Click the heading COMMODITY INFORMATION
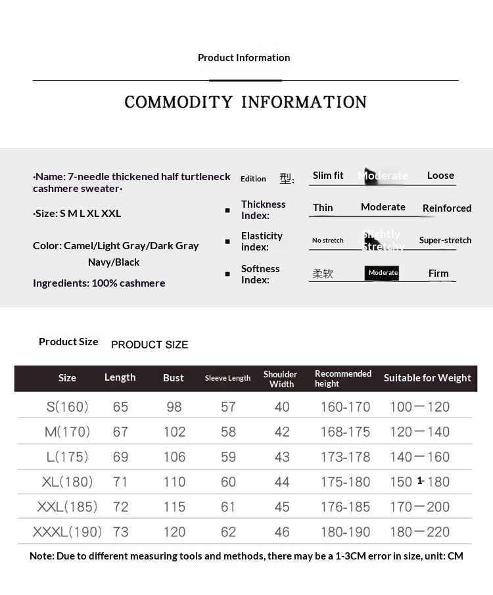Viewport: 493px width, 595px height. point(245,102)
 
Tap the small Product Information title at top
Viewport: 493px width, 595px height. point(244,58)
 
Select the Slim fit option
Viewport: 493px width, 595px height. point(328,176)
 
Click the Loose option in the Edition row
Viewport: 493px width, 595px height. point(440,176)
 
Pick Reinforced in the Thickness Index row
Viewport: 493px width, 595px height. point(447,208)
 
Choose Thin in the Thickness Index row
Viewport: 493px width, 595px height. point(323,208)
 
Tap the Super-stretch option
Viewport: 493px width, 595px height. point(445,241)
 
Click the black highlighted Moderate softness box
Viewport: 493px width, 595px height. point(383,273)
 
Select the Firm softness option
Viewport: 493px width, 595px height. point(438,274)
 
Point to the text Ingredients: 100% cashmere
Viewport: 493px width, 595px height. point(99,283)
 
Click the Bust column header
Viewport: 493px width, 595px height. point(174,378)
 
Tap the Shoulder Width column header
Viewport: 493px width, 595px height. point(281,379)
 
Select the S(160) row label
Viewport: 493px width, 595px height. point(67,407)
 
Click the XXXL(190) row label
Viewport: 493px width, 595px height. point(67,532)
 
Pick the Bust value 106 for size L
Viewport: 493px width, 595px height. point(174,457)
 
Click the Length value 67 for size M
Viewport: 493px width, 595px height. point(120,432)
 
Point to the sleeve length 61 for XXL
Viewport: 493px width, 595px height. point(228,507)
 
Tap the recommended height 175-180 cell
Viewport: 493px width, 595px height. point(346,482)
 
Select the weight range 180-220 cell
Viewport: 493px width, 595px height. point(419,532)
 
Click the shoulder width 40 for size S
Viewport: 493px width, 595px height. point(282,407)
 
